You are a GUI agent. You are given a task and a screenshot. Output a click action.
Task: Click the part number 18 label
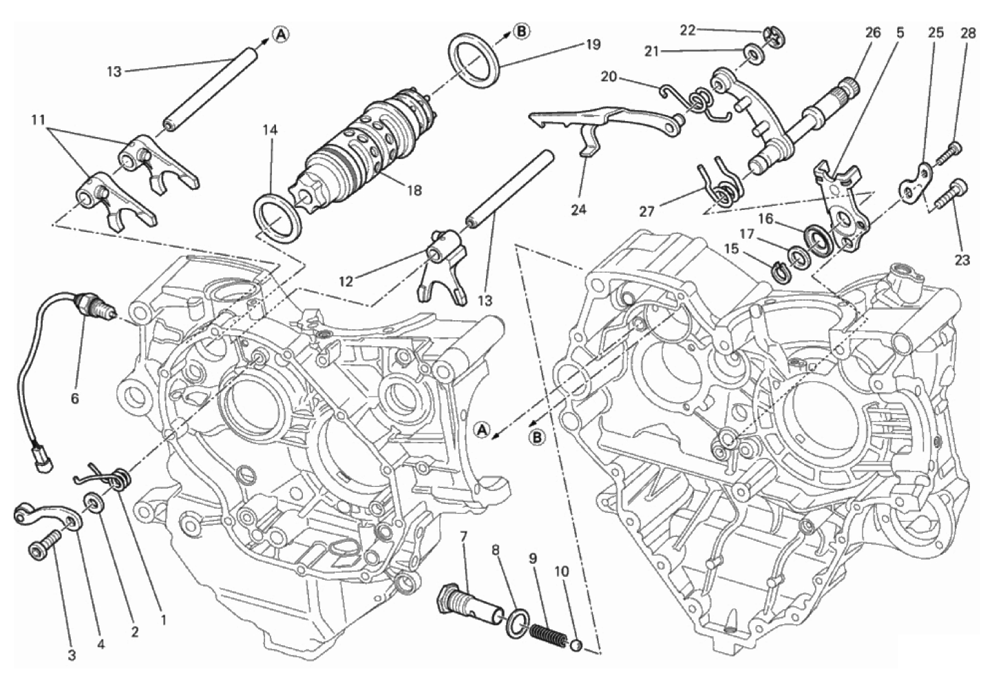click(414, 190)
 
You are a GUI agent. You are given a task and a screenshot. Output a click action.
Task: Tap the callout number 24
click(579, 209)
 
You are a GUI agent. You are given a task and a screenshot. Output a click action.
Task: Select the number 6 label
click(74, 397)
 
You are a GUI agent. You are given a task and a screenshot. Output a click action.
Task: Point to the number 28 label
click(969, 32)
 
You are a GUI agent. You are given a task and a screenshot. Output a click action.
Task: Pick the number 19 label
click(593, 45)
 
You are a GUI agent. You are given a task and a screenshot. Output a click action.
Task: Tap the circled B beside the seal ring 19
click(522, 31)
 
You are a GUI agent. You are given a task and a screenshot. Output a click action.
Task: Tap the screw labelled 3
click(40, 549)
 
